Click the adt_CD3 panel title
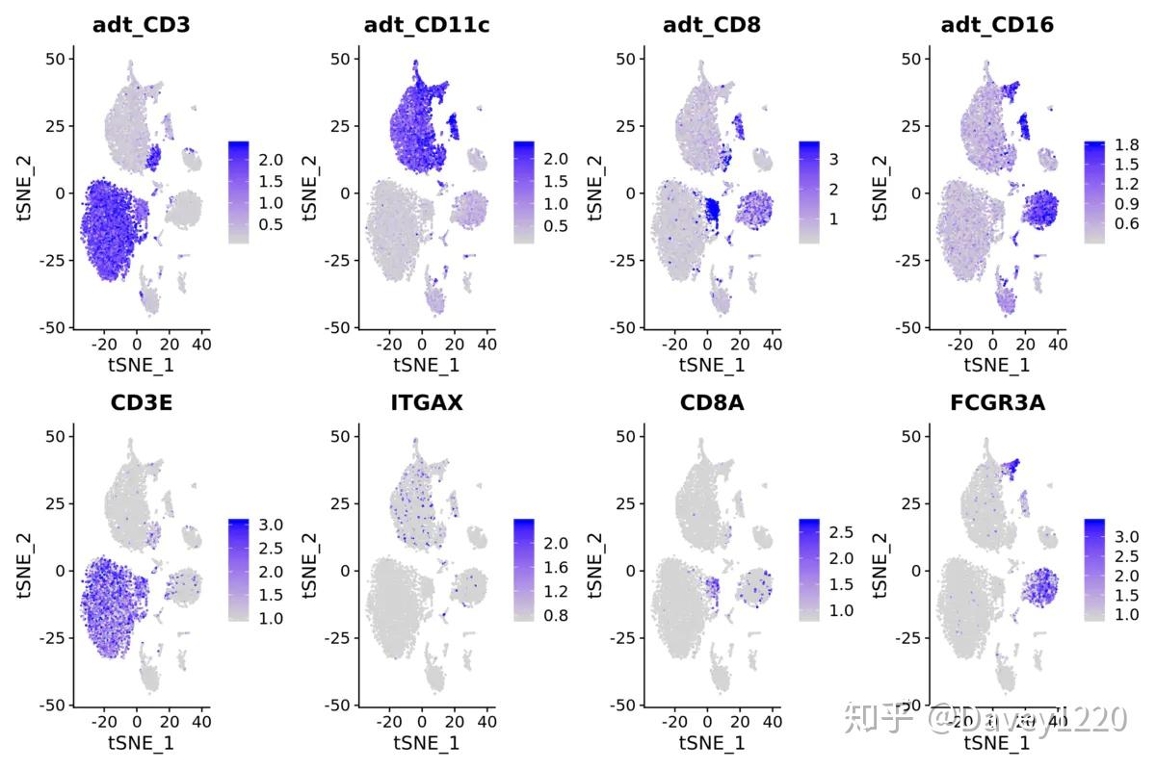tap(141, 25)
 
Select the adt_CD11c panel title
tap(426, 25)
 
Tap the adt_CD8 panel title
tap(711, 25)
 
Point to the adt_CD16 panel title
tap(996, 25)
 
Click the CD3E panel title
tap(141, 402)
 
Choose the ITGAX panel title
tap(426, 402)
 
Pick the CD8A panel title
tap(711, 402)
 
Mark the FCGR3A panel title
tap(996, 402)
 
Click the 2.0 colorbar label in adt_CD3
tap(271, 158)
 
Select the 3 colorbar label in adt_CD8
tap(833, 158)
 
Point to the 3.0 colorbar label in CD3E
tap(271, 525)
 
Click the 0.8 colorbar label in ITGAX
tap(556, 615)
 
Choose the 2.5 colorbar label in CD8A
tap(841, 532)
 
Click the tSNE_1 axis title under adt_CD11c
tap(426, 365)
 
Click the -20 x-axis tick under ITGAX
tap(389, 720)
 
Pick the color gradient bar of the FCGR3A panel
tap(1094, 570)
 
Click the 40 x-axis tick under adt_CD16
tap(1058, 343)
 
